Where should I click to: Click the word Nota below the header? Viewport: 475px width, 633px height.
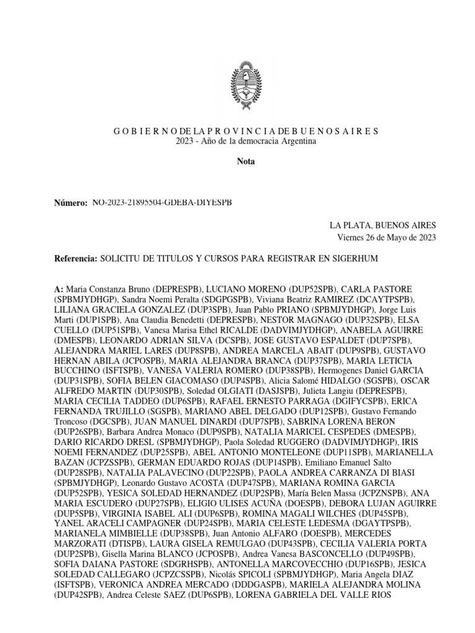coord(246,162)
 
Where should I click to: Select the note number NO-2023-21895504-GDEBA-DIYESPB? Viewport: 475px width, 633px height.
coord(162,203)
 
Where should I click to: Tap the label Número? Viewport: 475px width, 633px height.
coord(71,203)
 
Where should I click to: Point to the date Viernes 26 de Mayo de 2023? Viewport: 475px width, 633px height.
coord(387,237)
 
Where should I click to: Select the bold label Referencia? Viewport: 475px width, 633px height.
coord(75,258)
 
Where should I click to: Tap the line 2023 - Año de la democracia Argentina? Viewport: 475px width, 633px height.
coord(246,142)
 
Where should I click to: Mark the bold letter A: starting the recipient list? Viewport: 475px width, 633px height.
coord(59,289)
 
